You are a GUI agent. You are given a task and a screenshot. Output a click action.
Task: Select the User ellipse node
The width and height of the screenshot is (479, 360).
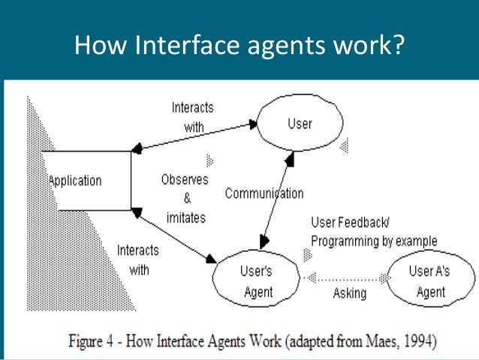[x=300, y=123]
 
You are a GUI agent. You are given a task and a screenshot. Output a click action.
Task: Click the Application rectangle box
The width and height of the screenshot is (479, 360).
[x=86, y=180]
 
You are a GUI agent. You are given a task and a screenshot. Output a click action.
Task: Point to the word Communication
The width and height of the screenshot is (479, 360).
[x=264, y=193]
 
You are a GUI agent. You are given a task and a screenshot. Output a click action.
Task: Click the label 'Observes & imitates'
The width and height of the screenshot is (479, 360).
[x=184, y=198]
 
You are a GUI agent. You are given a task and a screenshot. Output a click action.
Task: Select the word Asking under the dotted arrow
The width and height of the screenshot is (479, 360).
[x=349, y=294]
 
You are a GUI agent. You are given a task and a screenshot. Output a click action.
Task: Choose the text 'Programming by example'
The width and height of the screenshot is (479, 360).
[x=374, y=241]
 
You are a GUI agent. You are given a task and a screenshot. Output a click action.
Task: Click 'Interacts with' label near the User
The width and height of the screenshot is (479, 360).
[x=192, y=117]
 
